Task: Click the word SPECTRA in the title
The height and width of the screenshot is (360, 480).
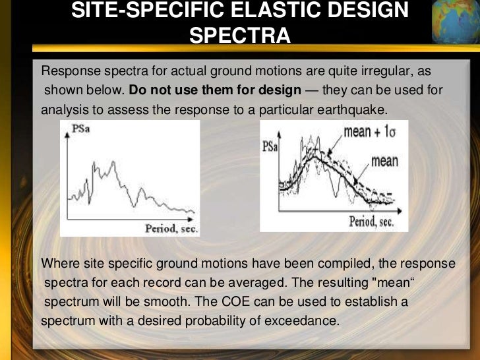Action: (239, 34)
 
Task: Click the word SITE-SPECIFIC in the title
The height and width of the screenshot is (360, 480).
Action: (142, 11)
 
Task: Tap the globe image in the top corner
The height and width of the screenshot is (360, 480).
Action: (455, 20)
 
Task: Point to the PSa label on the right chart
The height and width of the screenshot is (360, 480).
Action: (270, 146)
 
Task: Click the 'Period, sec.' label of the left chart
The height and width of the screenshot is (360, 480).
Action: (170, 229)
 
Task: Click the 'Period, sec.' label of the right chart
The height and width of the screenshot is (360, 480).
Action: (371, 222)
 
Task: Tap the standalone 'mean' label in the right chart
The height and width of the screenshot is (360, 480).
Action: (384, 160)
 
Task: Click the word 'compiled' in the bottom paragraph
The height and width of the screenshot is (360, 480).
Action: (344, 264)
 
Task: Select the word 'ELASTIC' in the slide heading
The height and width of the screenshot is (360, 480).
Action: (270, 11)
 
